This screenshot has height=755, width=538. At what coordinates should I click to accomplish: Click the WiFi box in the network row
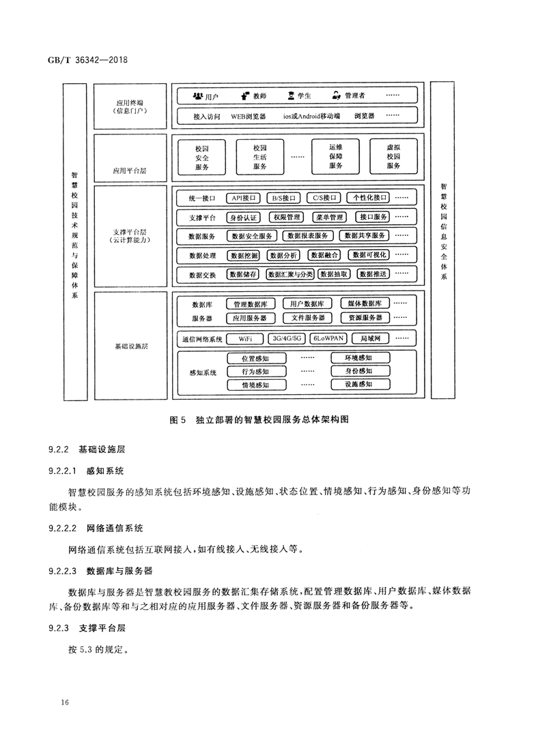246,338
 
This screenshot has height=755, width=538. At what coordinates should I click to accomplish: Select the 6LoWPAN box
328,338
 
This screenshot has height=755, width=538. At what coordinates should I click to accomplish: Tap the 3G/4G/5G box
286,338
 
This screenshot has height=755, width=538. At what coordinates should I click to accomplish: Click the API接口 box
244,198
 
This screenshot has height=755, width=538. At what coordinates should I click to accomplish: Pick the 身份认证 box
244,218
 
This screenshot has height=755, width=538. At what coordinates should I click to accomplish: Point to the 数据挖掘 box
244,255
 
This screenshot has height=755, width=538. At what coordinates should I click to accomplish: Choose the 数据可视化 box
369,255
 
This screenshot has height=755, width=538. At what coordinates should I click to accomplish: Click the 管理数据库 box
249,304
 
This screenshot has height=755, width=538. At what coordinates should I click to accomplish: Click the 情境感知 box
255,385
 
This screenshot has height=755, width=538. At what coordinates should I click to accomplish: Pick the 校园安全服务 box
201,157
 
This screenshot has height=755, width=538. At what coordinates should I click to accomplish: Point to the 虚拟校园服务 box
393,157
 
